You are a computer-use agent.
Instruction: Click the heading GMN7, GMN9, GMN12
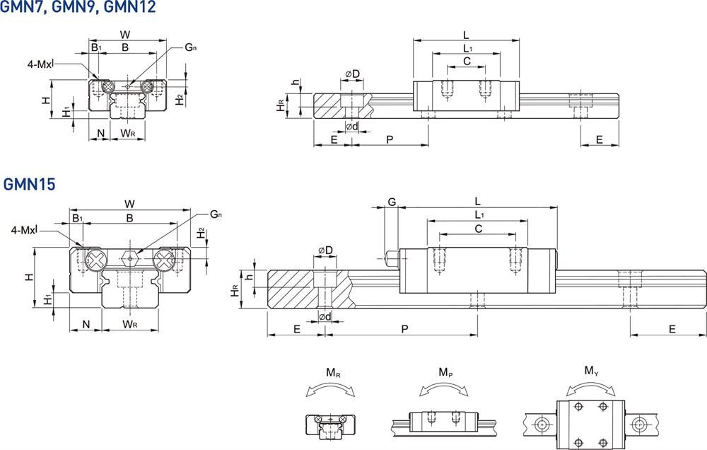pos(78,8)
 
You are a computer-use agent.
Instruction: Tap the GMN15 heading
pos(29,185)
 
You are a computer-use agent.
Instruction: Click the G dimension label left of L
pos(391,202)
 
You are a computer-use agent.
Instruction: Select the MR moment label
pos(332,371)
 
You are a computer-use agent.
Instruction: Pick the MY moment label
pos(592,370)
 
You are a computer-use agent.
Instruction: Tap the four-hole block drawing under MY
pos(590,424)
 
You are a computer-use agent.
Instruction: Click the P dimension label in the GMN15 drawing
pos(404,329)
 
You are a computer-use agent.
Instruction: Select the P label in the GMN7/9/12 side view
pos(390,140)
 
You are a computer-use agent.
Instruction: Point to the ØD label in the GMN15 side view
pos(326,251)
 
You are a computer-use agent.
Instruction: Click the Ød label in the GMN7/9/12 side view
pos(351,127)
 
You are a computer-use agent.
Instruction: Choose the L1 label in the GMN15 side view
pos(478,214)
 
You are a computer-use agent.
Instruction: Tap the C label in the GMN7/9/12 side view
pos(467,62)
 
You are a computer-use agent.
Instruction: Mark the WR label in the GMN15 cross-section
pos(129,324)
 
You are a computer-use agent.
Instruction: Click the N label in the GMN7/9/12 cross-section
pos(100,133)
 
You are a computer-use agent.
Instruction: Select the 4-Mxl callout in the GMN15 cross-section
pos(26,230)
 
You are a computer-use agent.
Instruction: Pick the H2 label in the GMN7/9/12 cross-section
pos(180,99)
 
